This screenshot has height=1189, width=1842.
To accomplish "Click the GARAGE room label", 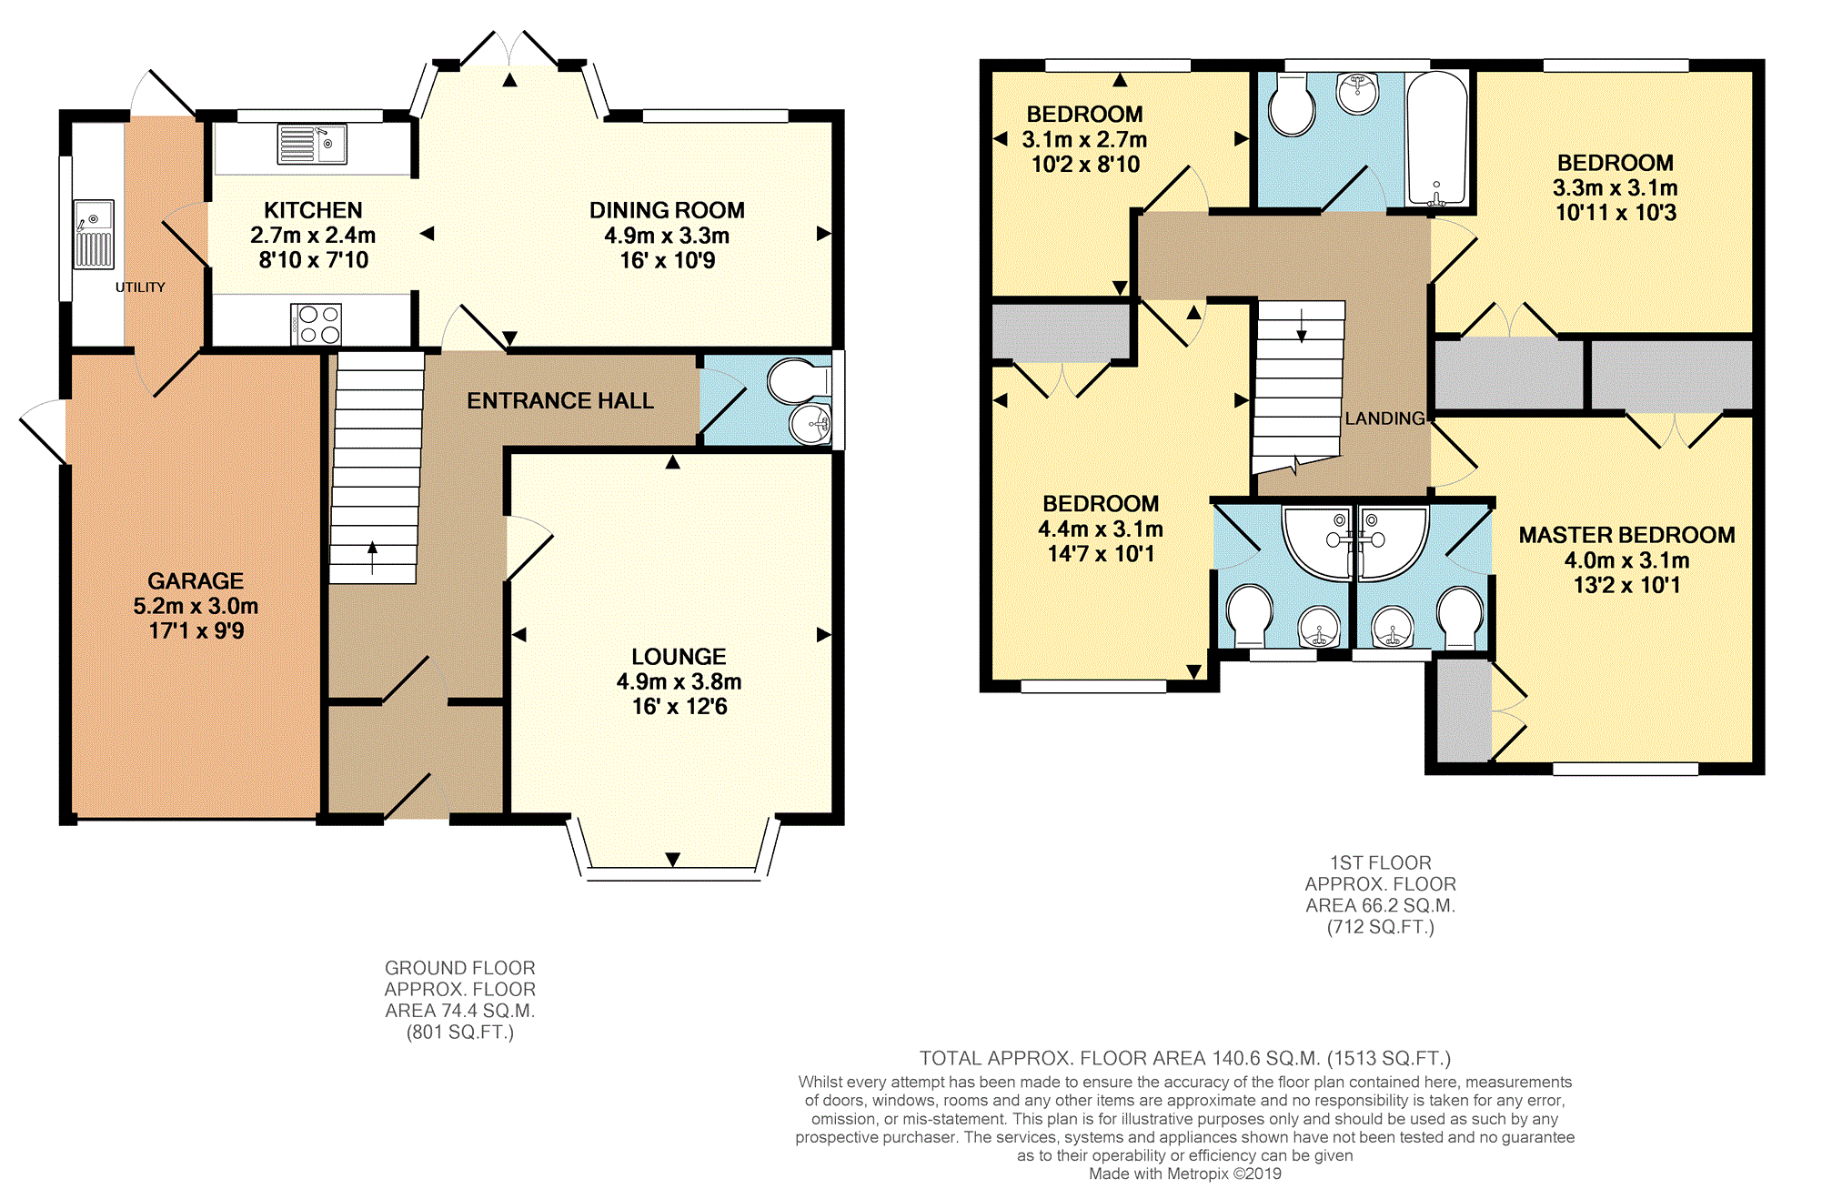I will (x=196, y=580).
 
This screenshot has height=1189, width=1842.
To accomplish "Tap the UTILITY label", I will (x=140, y=287).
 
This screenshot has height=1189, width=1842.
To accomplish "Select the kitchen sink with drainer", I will (x=312, y=145).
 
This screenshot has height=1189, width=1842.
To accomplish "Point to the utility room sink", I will (x=94, y=235).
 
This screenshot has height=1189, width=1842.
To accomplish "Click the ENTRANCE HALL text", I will (x=559, y=401).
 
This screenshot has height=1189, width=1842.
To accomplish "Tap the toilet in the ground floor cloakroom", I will (x=796, y=381).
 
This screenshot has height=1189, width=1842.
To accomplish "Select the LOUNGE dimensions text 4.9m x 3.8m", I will (x=679, y=681).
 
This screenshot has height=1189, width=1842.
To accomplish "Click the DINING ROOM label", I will (x=667, y=210).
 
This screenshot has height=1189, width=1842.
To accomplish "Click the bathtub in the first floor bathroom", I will (x=1436, y=138).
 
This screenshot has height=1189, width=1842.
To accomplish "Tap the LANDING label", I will (x=1384, y=418).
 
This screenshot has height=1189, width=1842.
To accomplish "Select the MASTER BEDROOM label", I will (x=1626, y=535).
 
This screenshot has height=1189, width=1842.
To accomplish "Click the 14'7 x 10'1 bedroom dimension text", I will (x=1101, y=554).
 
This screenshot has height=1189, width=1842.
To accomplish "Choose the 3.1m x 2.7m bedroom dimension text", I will (x=1084, y=140).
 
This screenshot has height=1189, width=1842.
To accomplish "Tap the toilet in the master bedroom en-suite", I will (x=1460, y=615).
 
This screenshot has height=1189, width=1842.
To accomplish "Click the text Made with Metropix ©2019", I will (x=1184, y=1174).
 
